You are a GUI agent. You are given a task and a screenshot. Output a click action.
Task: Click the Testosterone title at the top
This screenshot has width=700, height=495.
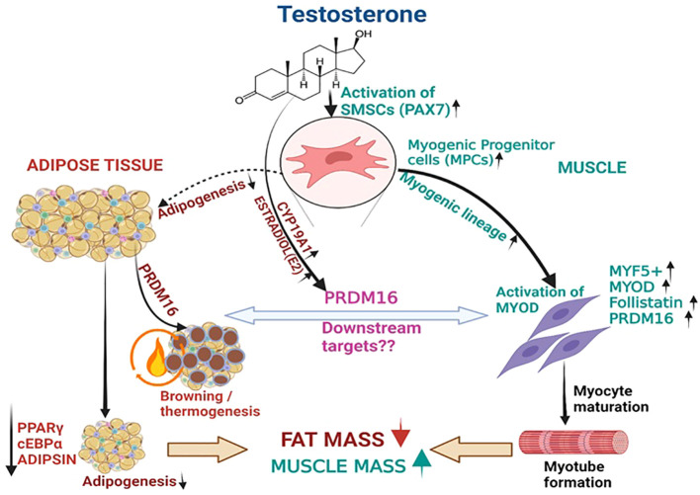tap(352, 14)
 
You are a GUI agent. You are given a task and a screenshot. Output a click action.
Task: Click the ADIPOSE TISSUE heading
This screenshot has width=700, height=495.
tap(95, 165)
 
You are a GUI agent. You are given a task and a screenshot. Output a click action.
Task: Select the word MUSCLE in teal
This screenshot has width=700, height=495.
tap(592, 167)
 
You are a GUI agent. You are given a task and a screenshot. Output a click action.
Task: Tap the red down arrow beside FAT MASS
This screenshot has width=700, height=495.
tap(400, 432)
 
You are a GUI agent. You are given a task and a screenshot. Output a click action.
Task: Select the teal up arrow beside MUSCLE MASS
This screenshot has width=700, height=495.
tap(422, 463)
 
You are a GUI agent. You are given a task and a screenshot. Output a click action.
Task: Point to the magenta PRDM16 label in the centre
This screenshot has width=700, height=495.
tap(361, 297)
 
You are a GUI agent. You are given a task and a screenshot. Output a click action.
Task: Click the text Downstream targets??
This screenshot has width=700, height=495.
tap(372, 337)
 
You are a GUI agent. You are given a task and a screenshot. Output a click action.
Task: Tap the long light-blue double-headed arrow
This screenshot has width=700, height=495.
tap(355, 316)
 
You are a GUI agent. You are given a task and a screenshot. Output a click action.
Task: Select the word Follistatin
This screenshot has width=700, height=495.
tap(646, 302)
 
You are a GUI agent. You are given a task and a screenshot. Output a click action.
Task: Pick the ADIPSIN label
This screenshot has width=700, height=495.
tap(47, 458)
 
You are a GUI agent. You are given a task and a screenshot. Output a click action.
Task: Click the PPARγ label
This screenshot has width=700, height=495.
tap(41, 429)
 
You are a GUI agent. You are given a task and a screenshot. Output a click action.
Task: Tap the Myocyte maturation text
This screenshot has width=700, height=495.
tap(611, 399)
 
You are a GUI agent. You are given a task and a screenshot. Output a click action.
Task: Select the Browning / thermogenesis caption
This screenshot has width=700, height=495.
tap(210, 403)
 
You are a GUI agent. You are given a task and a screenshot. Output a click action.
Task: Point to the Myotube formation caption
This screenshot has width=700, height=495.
tap(577, 474)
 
